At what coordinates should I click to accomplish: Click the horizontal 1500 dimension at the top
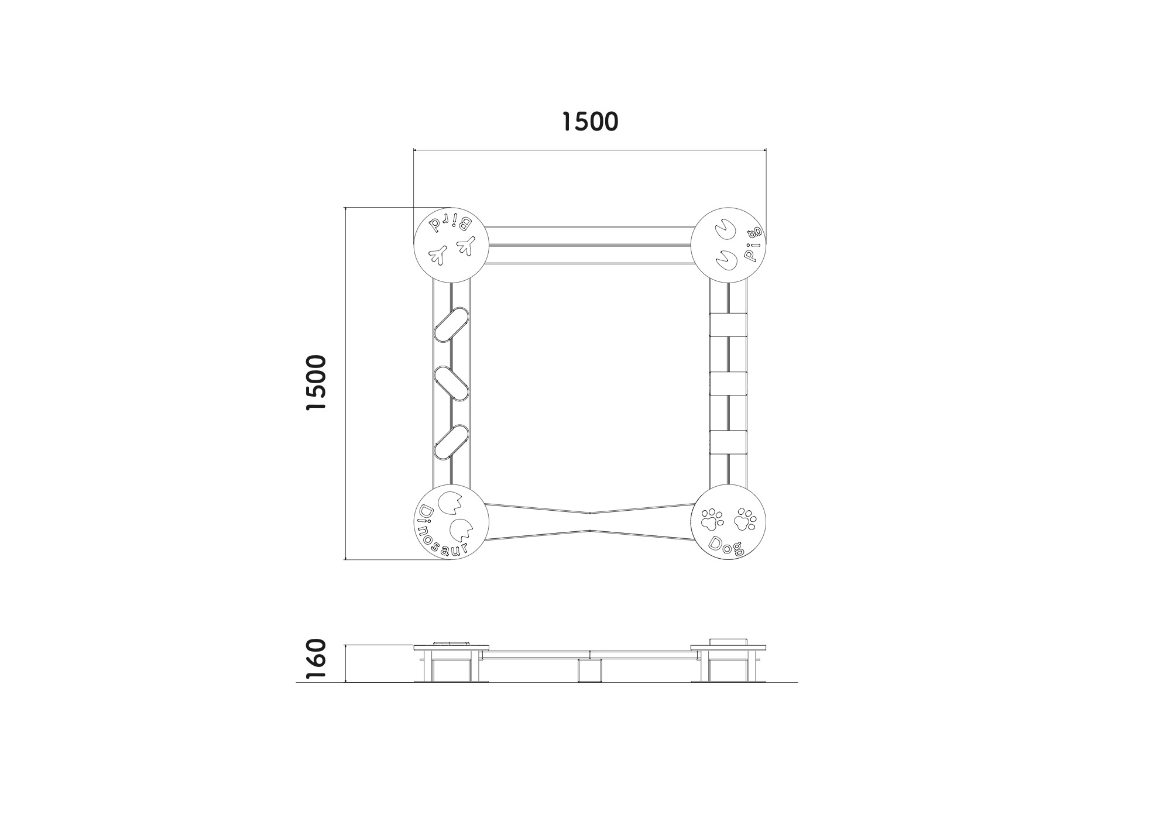point(589,122)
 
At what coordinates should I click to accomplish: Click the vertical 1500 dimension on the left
point(316,383)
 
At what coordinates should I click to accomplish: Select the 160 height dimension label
point(316,660)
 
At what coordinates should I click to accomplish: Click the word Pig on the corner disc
point(753,243)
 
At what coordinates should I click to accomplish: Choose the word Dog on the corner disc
point(726,546)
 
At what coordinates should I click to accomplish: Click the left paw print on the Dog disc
point(712,518)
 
